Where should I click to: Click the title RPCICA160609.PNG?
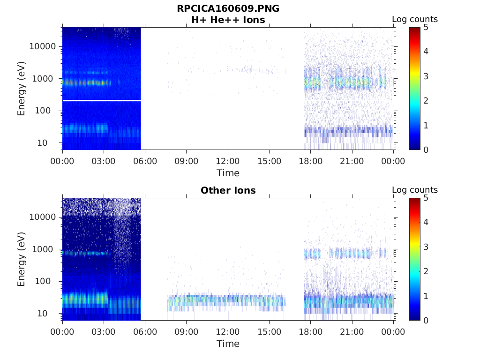coord(228,9)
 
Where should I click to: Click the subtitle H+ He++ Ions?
coord(228,20)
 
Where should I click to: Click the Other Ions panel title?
coord(228,190)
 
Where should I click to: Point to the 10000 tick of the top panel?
coord(43,46)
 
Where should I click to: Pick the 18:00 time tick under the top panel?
coord(310,161)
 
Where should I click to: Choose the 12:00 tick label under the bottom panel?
coord(228,332)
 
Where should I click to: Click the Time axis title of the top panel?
coord(228,173)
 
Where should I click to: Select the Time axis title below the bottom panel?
coord(228,344)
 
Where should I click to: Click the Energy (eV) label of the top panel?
coord(22,89)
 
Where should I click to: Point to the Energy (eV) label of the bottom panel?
coord(22,259)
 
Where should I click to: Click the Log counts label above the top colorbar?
coord(414,20)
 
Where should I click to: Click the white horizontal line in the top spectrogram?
coord(101,100)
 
